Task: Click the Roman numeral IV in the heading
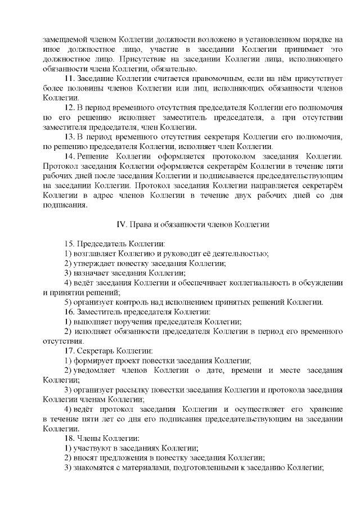click(120, 224)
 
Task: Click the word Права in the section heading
click(141, 224)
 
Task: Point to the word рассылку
click(134, 390)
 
